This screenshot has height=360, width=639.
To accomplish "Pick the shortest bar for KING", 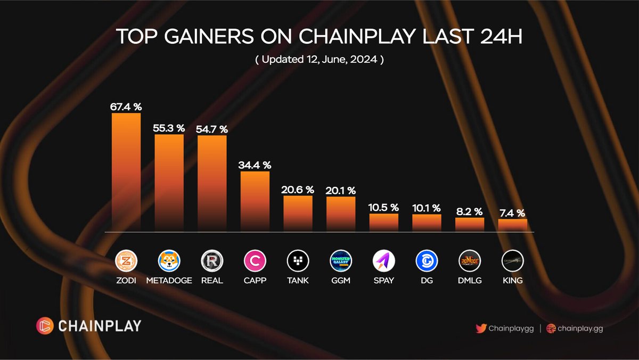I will (512, 225).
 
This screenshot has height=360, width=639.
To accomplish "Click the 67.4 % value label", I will (126, 107).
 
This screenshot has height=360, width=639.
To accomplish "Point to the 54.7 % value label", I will (212, 129).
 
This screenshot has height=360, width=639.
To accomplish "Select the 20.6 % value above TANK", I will (298, 190).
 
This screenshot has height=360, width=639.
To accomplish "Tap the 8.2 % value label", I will (470, 211).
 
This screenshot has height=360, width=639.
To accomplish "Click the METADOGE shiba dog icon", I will (169, 261).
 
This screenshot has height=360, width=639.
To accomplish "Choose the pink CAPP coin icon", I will (255, 261).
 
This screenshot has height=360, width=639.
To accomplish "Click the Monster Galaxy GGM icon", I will (341, 261).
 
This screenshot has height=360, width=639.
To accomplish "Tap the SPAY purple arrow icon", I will (384, 261).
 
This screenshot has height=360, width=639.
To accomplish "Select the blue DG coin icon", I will (427, 261).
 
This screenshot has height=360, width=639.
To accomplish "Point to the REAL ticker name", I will (212, 280).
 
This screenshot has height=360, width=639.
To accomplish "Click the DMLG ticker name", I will (470, 280).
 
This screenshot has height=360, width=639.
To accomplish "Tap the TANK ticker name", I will (298, 280).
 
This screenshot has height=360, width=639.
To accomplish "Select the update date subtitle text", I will (319, 60).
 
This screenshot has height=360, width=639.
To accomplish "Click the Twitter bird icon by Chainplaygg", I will (481, 329).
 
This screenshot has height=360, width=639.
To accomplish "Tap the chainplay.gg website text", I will (580, 329).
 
